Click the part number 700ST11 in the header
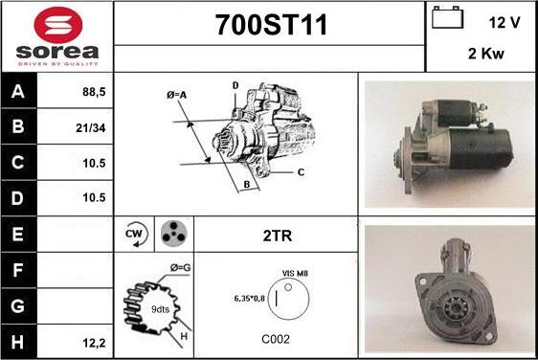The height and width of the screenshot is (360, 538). pos(271,25)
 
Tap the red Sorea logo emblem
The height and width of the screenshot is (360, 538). pos(58,25)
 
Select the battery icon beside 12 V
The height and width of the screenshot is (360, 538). pos(447,17)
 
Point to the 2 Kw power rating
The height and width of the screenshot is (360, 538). pos(486,54)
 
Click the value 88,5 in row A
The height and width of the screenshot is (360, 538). pos(94,92)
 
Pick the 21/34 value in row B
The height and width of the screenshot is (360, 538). pos(91,128)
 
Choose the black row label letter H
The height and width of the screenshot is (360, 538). pos(17,342)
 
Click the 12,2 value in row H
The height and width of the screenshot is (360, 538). pos(94,343)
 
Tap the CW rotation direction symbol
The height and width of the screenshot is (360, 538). pos(136,234)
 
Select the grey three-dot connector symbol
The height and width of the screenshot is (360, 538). pos(174,234)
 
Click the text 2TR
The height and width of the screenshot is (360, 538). pos(278,236)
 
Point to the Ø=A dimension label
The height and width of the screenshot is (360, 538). pos(176,95)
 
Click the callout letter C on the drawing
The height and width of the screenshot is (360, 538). pos(301,172)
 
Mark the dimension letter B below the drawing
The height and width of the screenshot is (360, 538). pos(247,184)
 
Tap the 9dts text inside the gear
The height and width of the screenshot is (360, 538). pos(160,309)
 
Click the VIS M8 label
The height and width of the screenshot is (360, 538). pos(295,273)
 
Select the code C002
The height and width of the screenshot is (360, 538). pos(276,339)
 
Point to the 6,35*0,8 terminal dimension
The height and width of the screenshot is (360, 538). pos(250,298)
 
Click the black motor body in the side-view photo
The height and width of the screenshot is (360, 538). pos(481,148)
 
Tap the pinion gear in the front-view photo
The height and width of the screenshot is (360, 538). pos(454,309)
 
